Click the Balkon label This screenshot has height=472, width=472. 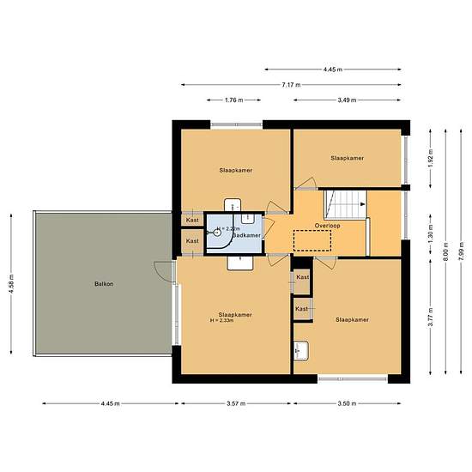[x=104, y=284]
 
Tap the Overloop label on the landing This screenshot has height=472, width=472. [x=329, y=225]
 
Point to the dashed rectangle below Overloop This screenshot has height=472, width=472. [x=312, y=241]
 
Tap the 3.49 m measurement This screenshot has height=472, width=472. [x=348, y=100]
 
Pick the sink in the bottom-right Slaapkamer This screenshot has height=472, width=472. [x=301, y=350]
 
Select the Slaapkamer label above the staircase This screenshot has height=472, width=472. [x=347, y=159]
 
